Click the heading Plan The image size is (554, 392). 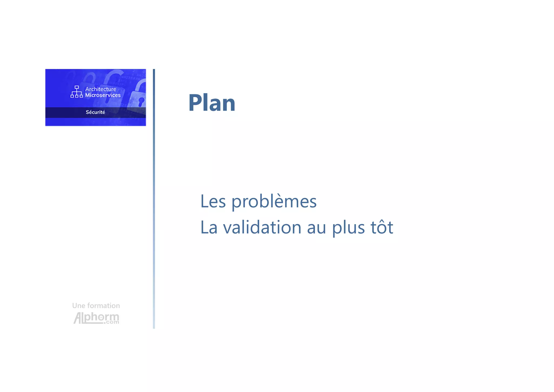coord(212,103)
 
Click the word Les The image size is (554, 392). coord(213,202)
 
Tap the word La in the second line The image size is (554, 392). coord(209,227)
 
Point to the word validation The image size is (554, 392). coord(262,227)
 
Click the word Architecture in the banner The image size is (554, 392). coord(101,89)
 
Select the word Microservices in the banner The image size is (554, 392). coord(103,95)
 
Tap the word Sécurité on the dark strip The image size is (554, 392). coord(95,112)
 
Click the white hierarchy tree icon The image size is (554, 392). coord(77,92)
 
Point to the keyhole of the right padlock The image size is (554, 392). coord(141,101)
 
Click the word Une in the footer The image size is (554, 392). coord(78,306)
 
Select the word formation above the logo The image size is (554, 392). coord(104,306)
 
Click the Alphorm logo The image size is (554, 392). coord(96,318)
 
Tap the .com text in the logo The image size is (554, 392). coord(111,322)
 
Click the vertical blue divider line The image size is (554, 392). coord(154,199)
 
